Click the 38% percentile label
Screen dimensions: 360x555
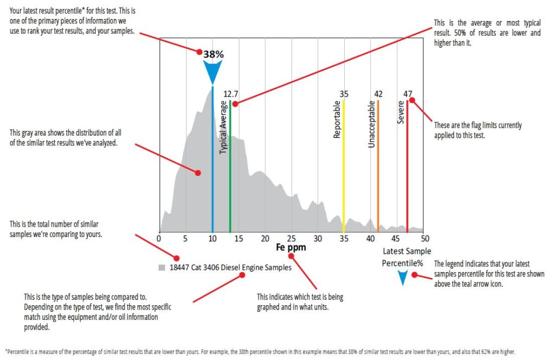coord(214,54)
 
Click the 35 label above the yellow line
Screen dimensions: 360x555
coord(344,94)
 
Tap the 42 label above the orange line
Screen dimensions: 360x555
coord(378,94)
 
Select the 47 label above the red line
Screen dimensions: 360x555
coord(408,94)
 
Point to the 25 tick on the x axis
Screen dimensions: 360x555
coord(292,238)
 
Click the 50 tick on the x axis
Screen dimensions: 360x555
coord(425,238)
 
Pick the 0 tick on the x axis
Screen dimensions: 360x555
coord(159,238)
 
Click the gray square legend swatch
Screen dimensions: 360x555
coord(162,268)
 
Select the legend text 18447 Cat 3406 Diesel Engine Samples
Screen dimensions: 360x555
coord(230,267)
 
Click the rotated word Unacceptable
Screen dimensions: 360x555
coord(372,124)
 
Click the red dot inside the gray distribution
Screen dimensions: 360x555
coord(198,173)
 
